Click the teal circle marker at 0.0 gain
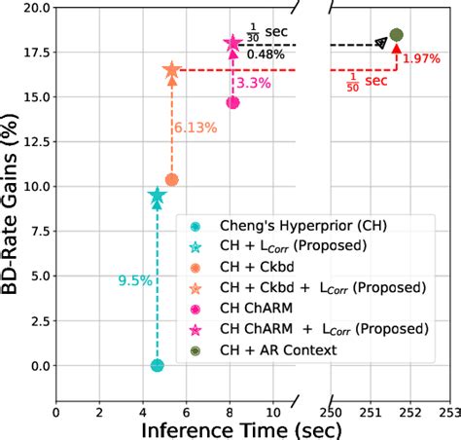[x=157, y=366]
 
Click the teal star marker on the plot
[x=157, y=197]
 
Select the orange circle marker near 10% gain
[x=171, y=180]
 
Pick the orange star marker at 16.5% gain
[x=171, y=70]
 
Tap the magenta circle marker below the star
[x=233, y=102]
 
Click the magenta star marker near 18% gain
[x=233, y=44]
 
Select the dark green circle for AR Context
[x=396, y=35]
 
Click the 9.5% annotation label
[x=134, y=280]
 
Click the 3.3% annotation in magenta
[x=254, y=84]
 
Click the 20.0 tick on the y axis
[x=34, y=7]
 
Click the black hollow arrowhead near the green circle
[x=379, y=43]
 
